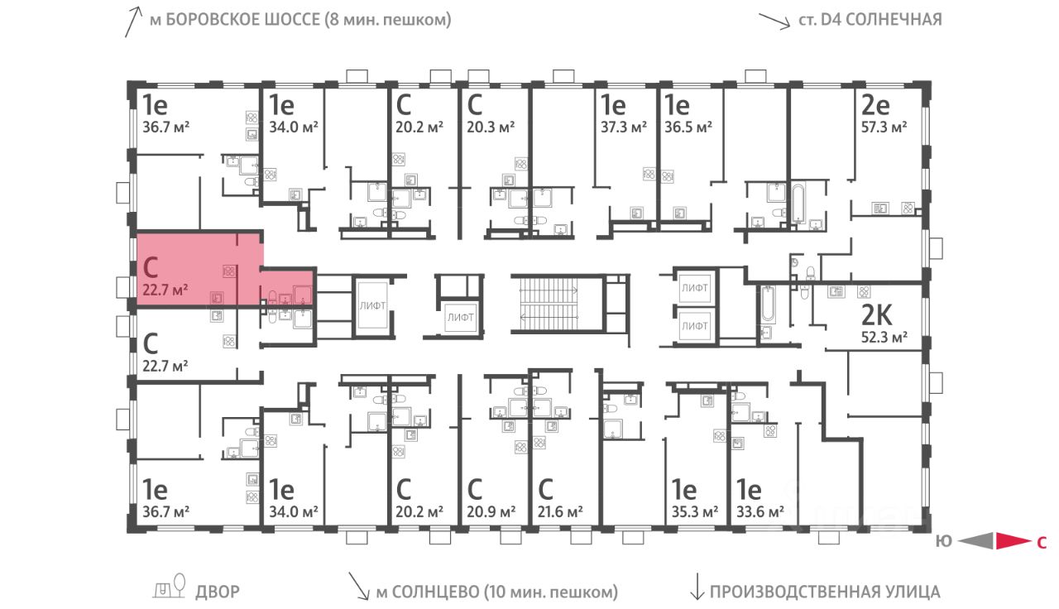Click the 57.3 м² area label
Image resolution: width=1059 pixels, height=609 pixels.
tap(884, 127)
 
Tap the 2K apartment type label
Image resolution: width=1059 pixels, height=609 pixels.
tap(876, 315)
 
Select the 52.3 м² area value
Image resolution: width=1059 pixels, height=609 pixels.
tap(884, 338)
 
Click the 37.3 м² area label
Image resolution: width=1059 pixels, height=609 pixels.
tap(624, 127)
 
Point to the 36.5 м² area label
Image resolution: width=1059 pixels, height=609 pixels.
tap(688, 127)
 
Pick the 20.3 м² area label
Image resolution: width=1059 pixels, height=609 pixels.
tap(491, 127)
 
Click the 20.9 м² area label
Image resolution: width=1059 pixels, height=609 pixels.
tap(491, 511)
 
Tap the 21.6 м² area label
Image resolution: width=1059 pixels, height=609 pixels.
tap(560, 511)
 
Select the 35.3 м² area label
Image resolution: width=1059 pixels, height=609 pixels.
tap(694, 511)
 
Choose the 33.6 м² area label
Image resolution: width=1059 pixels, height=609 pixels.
tap(760, 511)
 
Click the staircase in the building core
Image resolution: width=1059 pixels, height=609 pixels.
tap(549, 303)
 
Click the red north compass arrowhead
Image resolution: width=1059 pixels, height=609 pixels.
tap(1013, 541)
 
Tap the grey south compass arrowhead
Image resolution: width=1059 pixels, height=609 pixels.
tap(976, 541)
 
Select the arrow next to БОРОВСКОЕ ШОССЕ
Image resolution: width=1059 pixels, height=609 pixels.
tap(133, 22)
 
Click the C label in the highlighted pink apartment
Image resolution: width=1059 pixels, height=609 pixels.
tap(151, 267)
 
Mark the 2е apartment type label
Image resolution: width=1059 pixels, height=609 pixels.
tap(875, 105)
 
